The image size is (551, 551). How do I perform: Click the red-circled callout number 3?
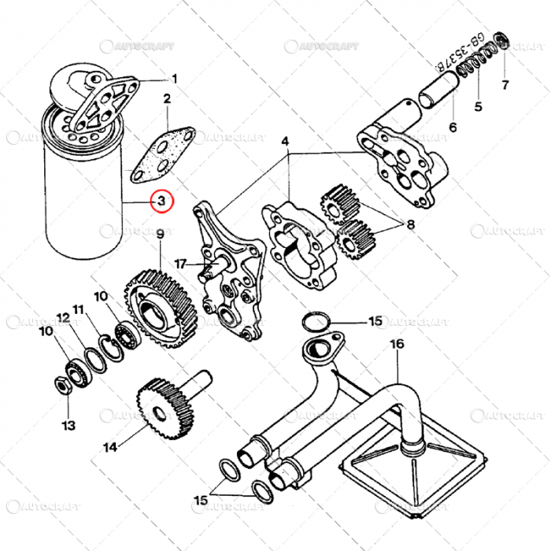160,202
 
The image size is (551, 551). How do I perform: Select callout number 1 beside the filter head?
175,78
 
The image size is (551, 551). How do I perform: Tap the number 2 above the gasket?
167,99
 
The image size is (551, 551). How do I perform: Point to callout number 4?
286,142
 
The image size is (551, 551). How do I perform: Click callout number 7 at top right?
505,84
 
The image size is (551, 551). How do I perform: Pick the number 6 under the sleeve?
453,127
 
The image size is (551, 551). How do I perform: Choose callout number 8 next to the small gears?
410,224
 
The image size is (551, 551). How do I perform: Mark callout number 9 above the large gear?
160,234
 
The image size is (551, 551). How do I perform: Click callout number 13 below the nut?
68,426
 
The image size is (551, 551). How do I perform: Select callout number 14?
109,447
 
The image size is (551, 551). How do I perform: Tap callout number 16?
396,344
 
